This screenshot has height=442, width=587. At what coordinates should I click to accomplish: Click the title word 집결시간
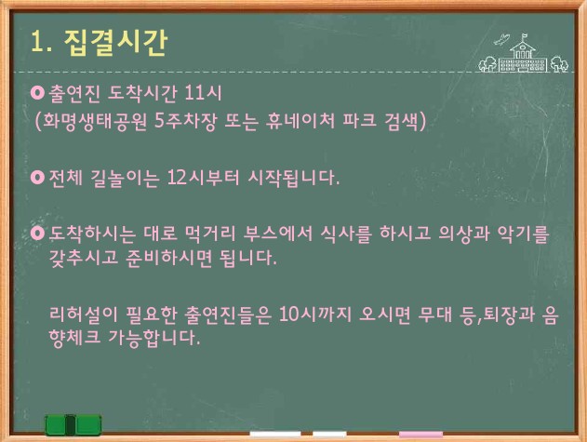(x=115, y=42)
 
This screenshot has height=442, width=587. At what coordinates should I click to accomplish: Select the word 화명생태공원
(x=94, y=121)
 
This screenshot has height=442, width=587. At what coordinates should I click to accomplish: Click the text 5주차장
(x=185, y=121)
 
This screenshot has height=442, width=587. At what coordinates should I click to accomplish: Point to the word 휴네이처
(x=300, y=121)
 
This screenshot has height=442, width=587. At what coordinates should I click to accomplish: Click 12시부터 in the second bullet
(x=203, y=177)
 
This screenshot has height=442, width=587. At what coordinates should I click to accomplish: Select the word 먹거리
(x=209, y=234)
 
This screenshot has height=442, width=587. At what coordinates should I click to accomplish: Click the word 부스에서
(x=277, y=234)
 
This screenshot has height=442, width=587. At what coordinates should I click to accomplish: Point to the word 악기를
(x=523, y=234)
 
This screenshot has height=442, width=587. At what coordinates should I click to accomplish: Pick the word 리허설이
(x=83, y=314)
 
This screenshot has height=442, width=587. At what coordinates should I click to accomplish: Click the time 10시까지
(x=315, y=314)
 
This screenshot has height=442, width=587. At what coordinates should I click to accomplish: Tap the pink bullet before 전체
(x=37, y=177)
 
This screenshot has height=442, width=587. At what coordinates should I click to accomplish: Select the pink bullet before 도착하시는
(x=37, y=233)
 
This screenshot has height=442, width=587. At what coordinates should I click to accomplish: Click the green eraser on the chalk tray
(x=73, y=425)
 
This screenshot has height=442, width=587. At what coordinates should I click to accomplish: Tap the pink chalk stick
(x=420, y=435)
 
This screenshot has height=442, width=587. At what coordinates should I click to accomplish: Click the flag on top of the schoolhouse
(x=524, y=36)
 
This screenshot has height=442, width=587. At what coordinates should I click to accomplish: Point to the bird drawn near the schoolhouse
(x=501, y=39)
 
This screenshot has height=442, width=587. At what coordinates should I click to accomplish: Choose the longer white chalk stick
(x=275, y=435)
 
